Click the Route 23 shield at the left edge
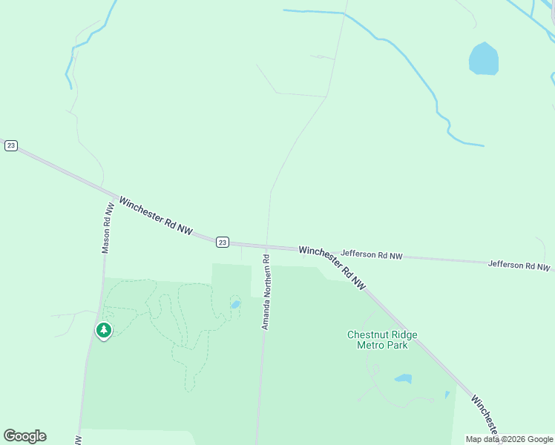(10, 145)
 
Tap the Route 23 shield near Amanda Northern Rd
(223, 243)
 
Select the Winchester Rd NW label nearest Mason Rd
(156, 216)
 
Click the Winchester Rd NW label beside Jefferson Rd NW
(333, 267)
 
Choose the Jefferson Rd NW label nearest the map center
(371, 255)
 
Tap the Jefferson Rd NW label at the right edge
(519, 266)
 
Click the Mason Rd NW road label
(108, 228)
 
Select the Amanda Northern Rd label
(265, 292)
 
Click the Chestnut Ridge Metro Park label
(382, 340)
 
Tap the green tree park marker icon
(104, 331)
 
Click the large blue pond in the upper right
(483, 59)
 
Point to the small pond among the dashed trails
(235, 304)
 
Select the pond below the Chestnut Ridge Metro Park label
(403, 379)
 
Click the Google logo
(24, 436)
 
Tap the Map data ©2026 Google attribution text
(509, 439)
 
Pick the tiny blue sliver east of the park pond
(447, 395)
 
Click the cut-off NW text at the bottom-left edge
(78, 440)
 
